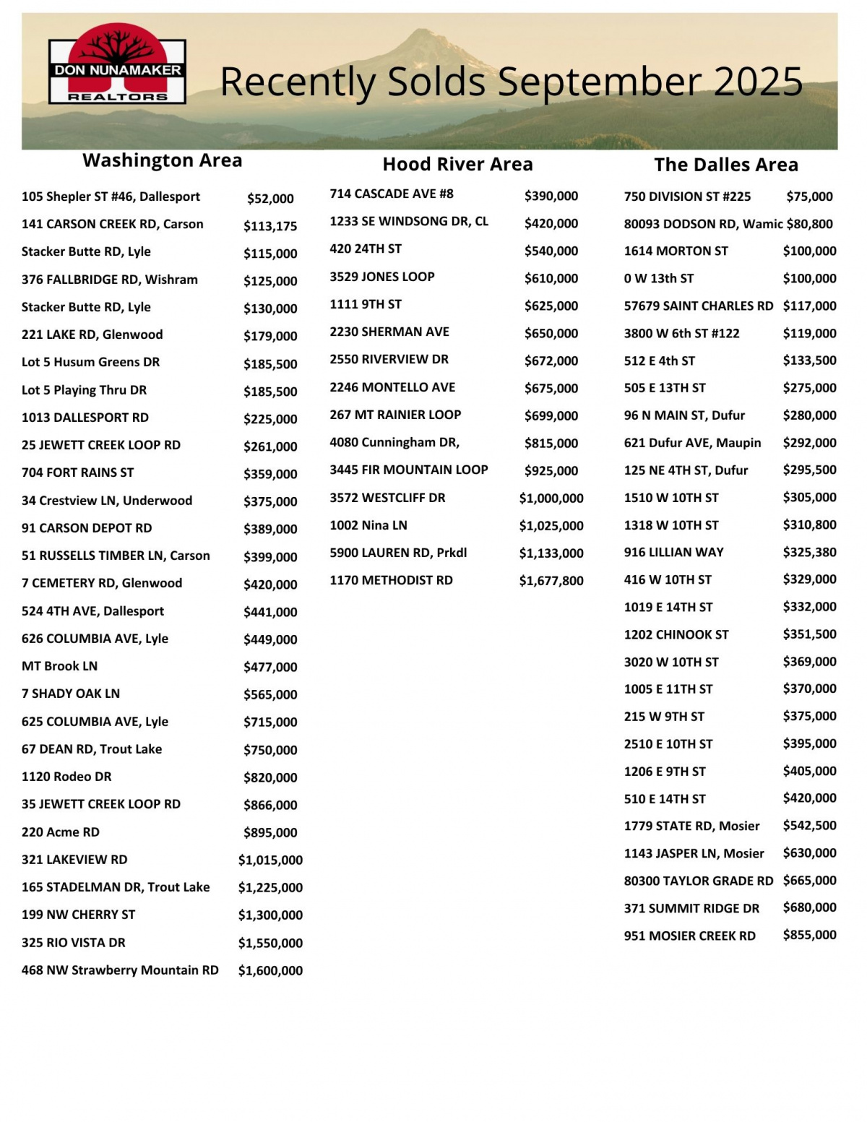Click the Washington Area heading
coord(163,160)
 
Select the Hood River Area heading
coord(457,165)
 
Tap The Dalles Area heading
coord(726,165)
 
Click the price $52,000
coord(270,199)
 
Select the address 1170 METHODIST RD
coord(391,580)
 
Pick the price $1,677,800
coord(551,581)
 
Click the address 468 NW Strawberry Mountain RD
coord(120,970)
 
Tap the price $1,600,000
coord(270,971)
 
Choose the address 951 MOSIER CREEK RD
coord(689,936)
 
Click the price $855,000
coord(809,935)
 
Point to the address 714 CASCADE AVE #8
coord(392,194)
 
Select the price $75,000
coord(809,197)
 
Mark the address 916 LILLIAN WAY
coord(673,553)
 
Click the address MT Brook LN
coord(59,666)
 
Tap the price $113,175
coord(270,226)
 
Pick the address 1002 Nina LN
coord(368,525)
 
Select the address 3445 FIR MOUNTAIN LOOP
coord(409,470)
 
